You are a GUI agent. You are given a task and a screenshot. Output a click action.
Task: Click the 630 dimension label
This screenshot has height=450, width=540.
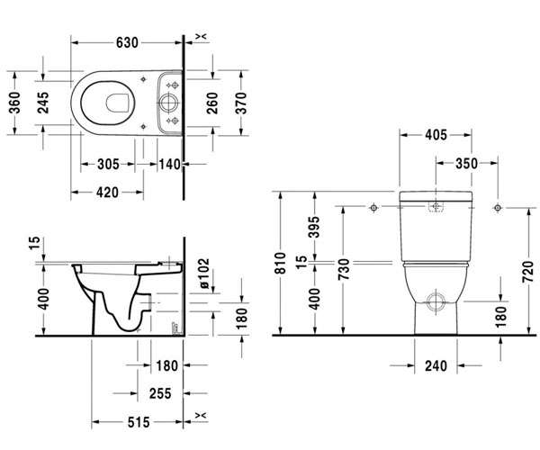127,42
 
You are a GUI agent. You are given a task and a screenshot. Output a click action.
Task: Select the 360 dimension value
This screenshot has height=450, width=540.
14,103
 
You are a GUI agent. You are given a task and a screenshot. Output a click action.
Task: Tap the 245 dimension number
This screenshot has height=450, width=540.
43,103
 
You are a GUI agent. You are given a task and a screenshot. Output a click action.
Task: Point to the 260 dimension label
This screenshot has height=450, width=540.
212,103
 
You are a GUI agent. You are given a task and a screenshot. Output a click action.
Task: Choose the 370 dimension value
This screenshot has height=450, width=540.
241,103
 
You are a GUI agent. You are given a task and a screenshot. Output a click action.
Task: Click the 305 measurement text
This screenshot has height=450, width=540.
108,164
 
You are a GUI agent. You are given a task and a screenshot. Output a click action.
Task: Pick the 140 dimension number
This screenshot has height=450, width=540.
169,164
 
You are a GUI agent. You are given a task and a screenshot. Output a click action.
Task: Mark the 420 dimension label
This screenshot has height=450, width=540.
107,193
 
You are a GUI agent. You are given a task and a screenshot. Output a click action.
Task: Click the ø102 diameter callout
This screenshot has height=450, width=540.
203,273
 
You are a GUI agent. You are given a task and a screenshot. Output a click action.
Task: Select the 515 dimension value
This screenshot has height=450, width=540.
139,422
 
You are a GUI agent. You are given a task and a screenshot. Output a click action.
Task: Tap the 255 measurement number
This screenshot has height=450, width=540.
160,393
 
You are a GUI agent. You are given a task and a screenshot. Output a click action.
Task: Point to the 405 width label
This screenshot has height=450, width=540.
436,135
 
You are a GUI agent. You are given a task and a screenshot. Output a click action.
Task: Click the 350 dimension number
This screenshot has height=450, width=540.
466,164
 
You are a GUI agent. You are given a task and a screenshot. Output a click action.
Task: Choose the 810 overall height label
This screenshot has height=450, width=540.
280,263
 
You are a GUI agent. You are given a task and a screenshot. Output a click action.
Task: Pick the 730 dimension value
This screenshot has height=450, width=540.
344,269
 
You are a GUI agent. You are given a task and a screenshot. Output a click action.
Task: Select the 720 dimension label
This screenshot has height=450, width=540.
527,272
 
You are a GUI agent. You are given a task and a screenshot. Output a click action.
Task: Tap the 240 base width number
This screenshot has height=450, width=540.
436,365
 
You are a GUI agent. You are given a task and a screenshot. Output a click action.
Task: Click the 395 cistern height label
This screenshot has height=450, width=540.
313,227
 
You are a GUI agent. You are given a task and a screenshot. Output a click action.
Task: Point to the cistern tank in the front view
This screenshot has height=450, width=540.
436,227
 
